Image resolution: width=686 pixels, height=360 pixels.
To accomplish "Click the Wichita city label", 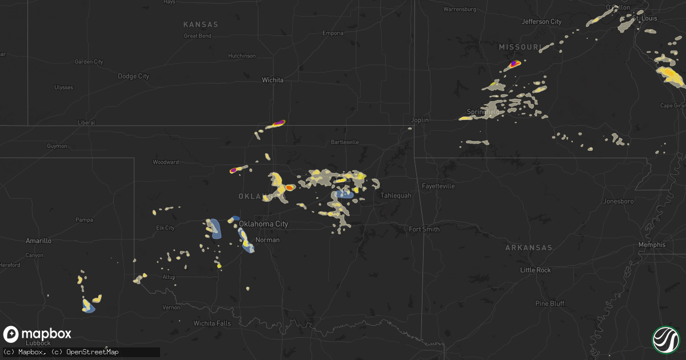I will (x=273, y=80).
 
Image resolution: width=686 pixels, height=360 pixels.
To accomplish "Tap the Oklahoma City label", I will (x=264, y=224).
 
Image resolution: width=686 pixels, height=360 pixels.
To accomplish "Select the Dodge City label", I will (x=133, y=76).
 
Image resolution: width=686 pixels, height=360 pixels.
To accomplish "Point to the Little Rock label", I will (x=536, y=270).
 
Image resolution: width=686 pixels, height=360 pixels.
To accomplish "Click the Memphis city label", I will (x=652, y=245).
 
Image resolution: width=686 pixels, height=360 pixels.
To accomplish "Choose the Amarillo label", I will (x=38, y=241).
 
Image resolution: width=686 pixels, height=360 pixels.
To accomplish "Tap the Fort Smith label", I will (x=424, y=229).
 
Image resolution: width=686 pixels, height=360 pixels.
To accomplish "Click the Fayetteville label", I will (x=438, y=186).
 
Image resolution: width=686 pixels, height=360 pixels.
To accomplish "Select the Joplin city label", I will (x=420, y=120).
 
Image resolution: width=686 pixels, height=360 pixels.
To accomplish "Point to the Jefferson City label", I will (x=541, y=22).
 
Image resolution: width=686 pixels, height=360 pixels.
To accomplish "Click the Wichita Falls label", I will (x=212, y=323).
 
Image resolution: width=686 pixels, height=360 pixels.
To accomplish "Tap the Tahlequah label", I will (x=396, y=195).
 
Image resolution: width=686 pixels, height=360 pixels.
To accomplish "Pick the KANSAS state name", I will (x=201, y=25).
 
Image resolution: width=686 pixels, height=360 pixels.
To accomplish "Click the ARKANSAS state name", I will (x=529, y=247).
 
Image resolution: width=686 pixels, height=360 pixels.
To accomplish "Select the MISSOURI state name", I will (x=520, y=47).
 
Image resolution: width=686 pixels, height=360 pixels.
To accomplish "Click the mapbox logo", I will (x=37, y=334).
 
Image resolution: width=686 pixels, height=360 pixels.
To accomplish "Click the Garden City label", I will (x=89, y=62).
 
